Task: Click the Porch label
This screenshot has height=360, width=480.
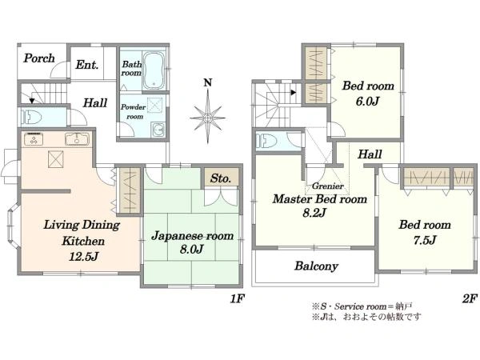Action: [38, 58]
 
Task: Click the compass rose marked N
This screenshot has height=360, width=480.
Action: [207, 117]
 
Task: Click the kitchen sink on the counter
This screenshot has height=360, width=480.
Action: [78, 141]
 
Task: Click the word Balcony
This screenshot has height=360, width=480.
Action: [316, 266]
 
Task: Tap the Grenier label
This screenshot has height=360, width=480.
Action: [328, 186]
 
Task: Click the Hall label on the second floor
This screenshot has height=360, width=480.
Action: [369, 154]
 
